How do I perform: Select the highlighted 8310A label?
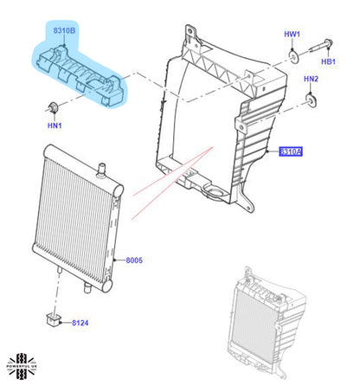pos(291,152)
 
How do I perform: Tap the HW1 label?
pos(292,35)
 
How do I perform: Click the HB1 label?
pos(329,62)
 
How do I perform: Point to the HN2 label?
pos(311,79)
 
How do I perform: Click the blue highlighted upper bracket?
pos(82,73)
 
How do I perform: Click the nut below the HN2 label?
pos(309,100)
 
